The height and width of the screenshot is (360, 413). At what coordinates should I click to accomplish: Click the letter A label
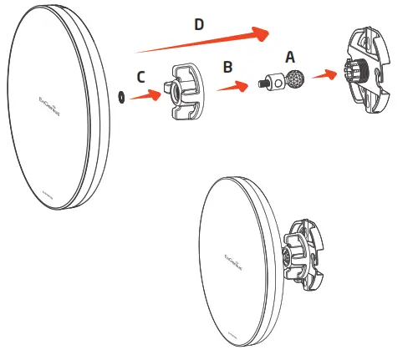290,57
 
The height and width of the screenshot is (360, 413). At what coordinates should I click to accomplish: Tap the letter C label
141,76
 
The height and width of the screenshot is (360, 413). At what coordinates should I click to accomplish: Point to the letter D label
199,25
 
